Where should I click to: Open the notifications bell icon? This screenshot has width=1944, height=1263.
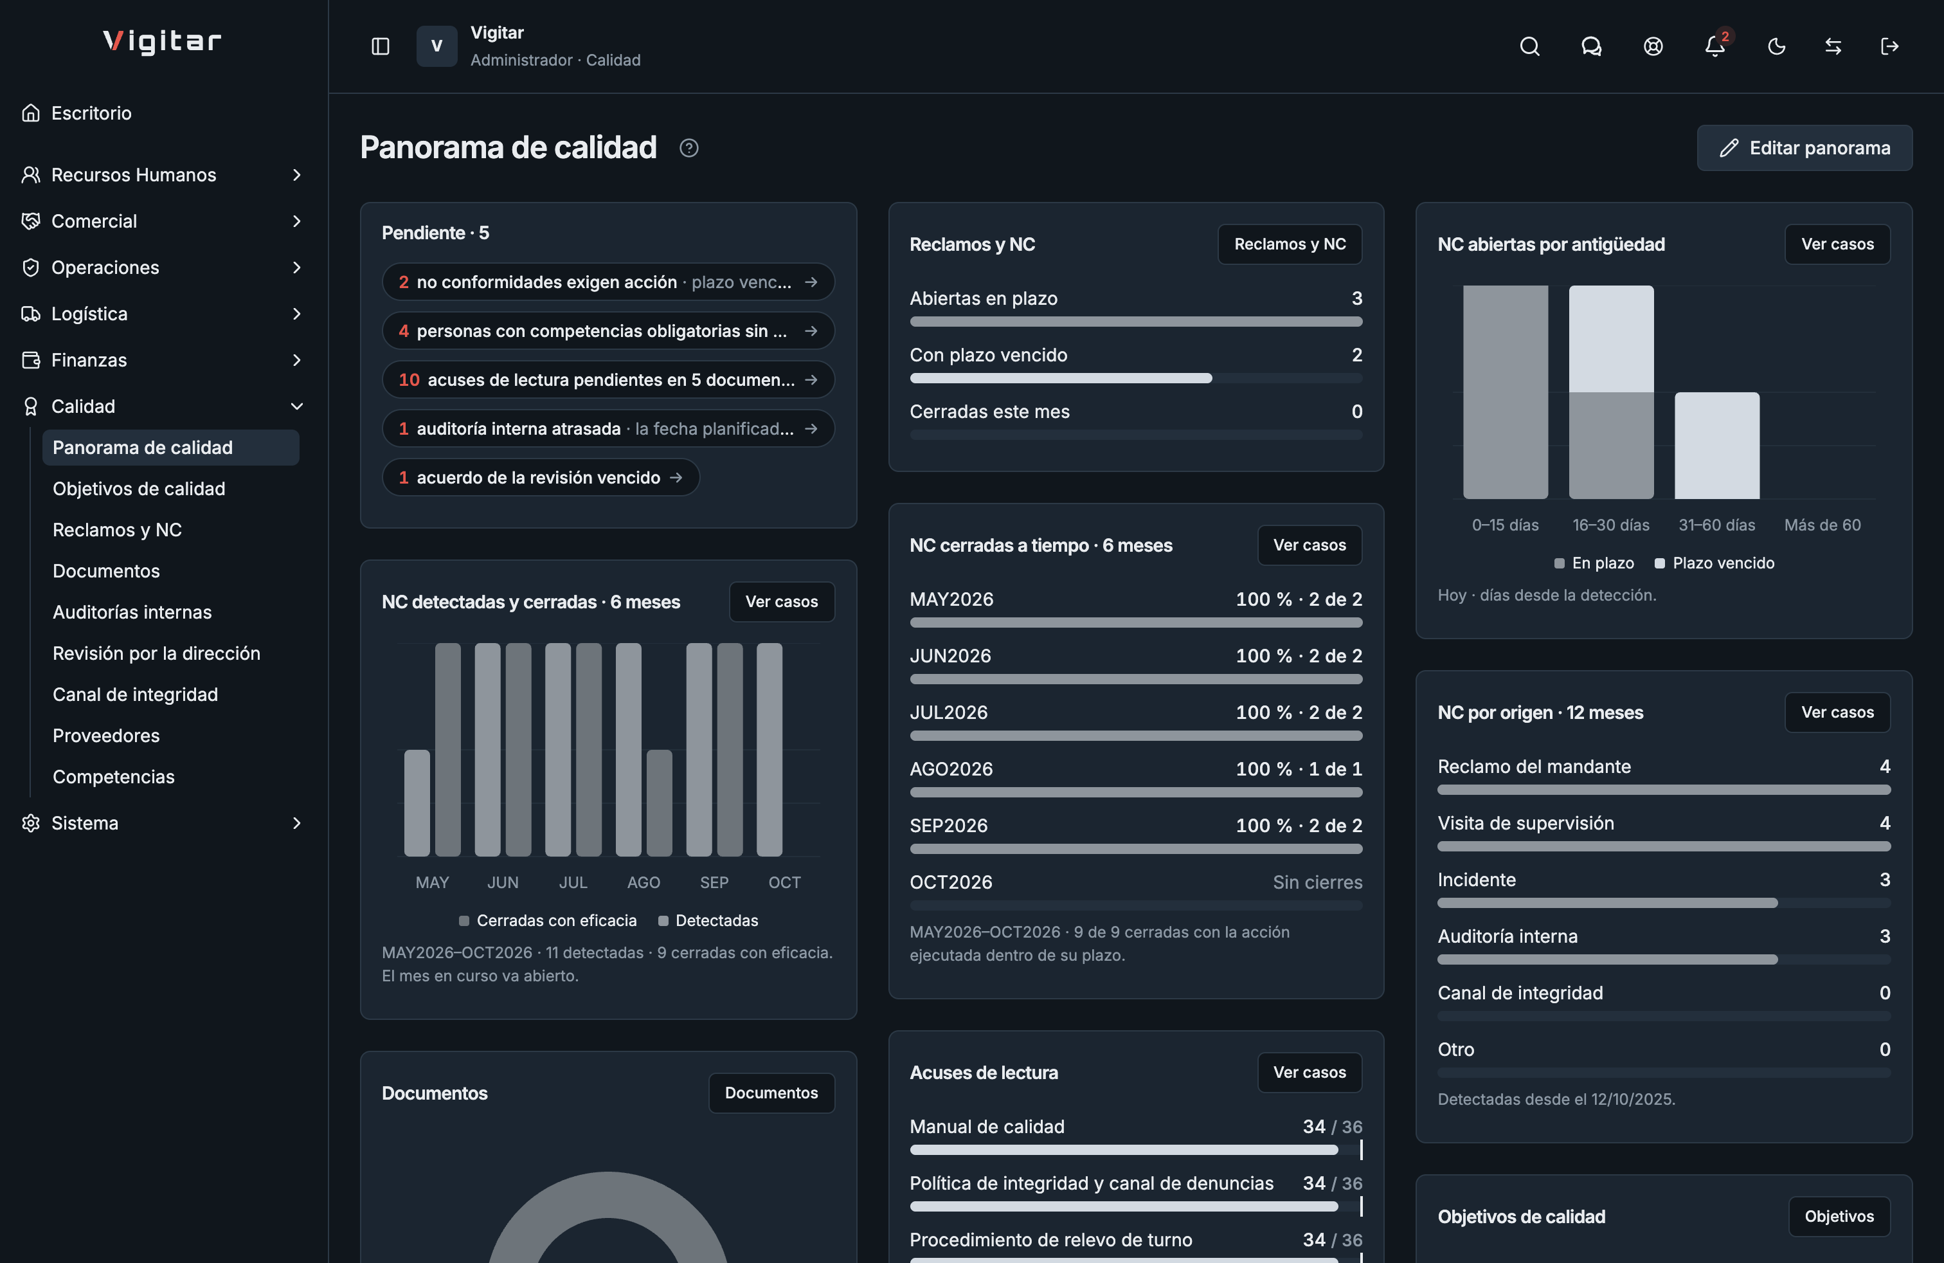pyautogui.click(x=1715, y=46)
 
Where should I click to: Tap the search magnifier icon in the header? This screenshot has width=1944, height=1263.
pyautogui.click(x=1529, y=46)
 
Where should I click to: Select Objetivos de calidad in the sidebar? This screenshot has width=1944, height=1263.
pyautogui.click(x=139, y=489)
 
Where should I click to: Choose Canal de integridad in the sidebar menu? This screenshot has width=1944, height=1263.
pyautogui.click(x=136, y=695)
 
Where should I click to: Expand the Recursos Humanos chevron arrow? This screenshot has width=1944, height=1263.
pyautogui.click(x=296, y=175)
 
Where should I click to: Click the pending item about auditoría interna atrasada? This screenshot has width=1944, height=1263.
pyautogui.click(x=607, y=428)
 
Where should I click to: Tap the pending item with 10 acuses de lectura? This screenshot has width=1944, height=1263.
pyautogui.click(x=607, y=379)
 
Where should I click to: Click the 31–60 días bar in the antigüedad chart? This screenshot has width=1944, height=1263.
pyautogui.click(x=1717, y=445)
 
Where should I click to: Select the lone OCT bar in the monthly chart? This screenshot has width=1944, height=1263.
pyautogui.click(x=770, y=749)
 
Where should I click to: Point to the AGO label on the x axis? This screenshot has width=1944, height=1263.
pyautogui.click(x=643, y=882)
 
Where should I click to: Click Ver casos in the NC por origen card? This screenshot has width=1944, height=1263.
pyautogui.click(x=1837, y=713)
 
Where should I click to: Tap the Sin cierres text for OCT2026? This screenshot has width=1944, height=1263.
pyautogui.click(x=1317, y=882)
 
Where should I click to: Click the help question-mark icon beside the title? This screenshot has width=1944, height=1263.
pyautogui.click(x=688, y=148)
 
